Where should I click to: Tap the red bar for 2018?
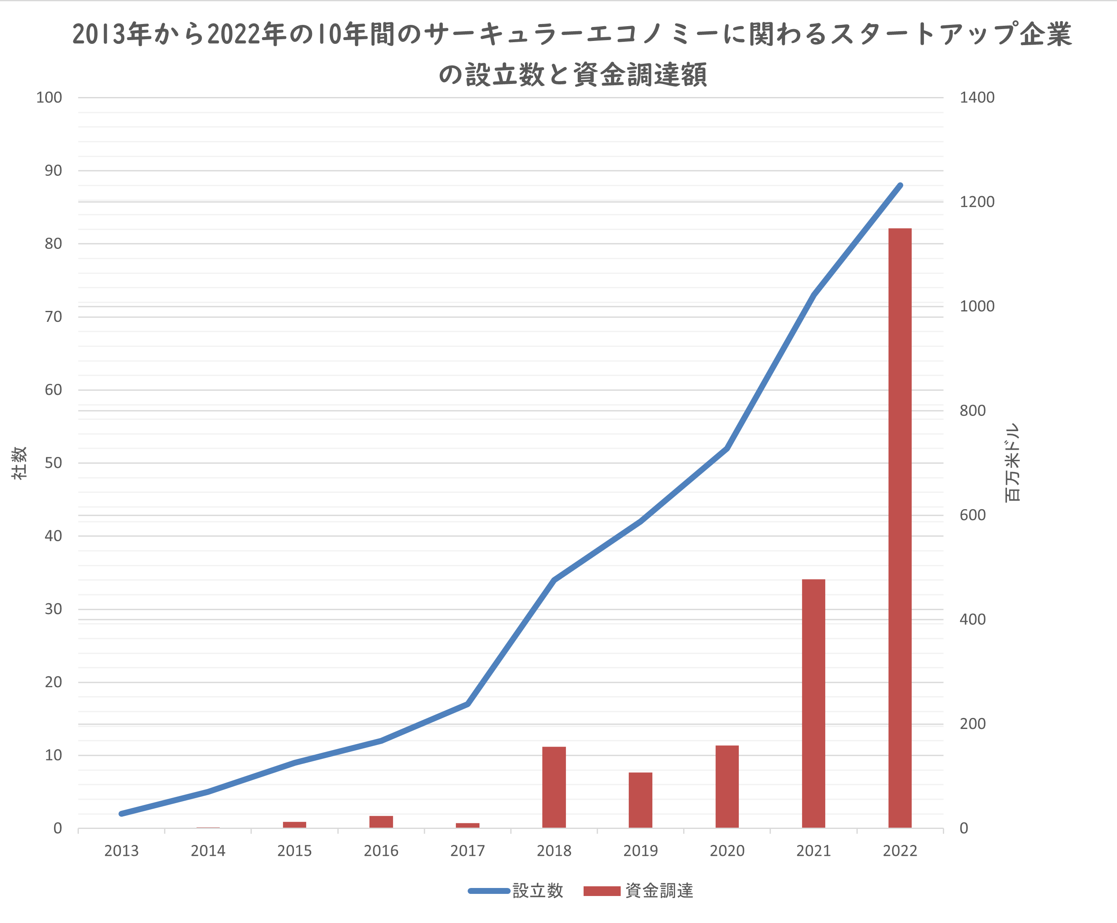coord(554,787)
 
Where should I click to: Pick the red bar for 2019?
coord(641,800)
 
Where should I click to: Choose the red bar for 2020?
coord(727,786)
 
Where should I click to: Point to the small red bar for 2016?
coord(381,821)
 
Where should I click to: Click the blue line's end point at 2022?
coord(900,186)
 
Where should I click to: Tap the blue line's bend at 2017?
coord(468,704)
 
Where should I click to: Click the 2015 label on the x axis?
coord(294,851)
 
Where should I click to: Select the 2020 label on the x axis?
coord(727,851)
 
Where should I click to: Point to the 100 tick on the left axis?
coord(49,97)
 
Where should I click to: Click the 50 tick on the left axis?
coord(53,463)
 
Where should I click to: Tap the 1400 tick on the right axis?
coord(977,97)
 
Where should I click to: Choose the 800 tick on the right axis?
coord(972,410)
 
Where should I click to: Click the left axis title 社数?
coord(20,463)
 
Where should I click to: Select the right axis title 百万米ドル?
coord(1012,463)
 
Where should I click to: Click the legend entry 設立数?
coord(537,891)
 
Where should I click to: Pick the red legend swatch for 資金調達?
coord(602,891)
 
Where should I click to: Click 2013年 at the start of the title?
coord(112,35)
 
